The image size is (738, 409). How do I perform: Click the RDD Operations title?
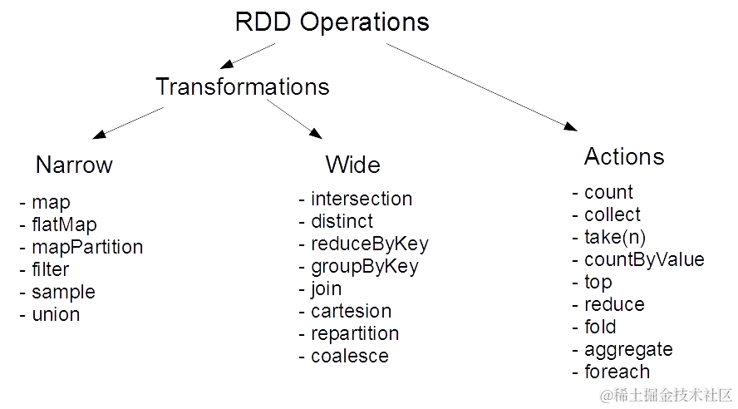(x=332, y=22)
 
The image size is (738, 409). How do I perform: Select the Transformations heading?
(x=244, y=87)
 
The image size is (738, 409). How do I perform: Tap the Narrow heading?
(x=74, y=165)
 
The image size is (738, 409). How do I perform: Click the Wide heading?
(x=353, y=165)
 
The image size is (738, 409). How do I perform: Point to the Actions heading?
(x=624, y=156)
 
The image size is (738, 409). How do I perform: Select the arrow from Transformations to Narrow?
(x=129, y=121)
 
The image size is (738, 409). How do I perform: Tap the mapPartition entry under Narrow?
(x=86, y=247)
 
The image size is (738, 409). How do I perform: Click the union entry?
(x=55, y=314)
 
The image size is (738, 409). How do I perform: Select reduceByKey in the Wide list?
(x=370, y=244)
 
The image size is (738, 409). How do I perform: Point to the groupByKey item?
(x=364, y=267)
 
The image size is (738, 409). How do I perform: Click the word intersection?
(x=361, y=200)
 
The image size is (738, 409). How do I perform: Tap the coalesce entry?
(x=349, y=356)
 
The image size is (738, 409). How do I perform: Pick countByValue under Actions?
(x=644, y=259)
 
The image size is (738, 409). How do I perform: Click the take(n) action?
(x=613, y=237)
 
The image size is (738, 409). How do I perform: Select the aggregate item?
(x=627, y=349)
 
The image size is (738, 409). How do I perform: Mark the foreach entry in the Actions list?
(x=617, y=372)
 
